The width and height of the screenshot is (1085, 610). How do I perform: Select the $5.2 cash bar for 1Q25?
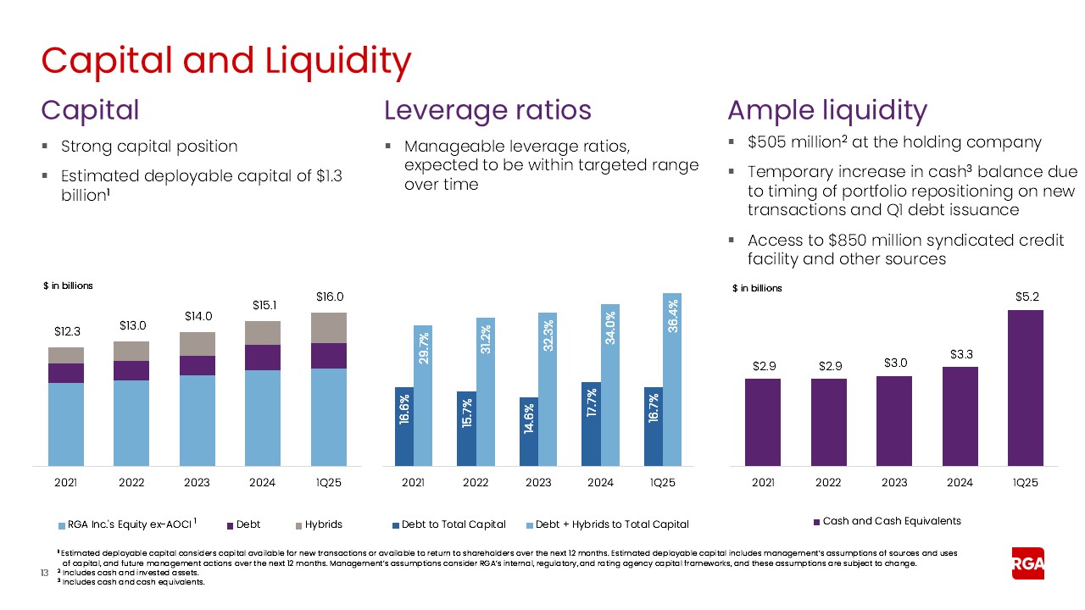[1025, 387]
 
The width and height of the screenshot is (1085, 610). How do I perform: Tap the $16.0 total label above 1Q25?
[330, 297]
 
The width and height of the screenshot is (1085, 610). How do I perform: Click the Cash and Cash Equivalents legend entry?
[887, 521]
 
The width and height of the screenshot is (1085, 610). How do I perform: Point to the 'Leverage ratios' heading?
[487, 111]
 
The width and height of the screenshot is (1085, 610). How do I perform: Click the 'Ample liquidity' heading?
[826, 111]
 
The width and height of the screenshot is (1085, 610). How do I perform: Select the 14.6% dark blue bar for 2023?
[528, 431]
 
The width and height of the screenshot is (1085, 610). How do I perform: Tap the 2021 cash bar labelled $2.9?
[763, 422]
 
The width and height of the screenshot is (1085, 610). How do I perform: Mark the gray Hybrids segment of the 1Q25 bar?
[330, 328]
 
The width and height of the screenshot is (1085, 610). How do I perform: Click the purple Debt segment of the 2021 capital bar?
[66, 373]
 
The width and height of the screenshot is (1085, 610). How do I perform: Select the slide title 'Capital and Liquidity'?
[226, 61]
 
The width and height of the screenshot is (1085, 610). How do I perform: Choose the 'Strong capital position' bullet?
[149, 147]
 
